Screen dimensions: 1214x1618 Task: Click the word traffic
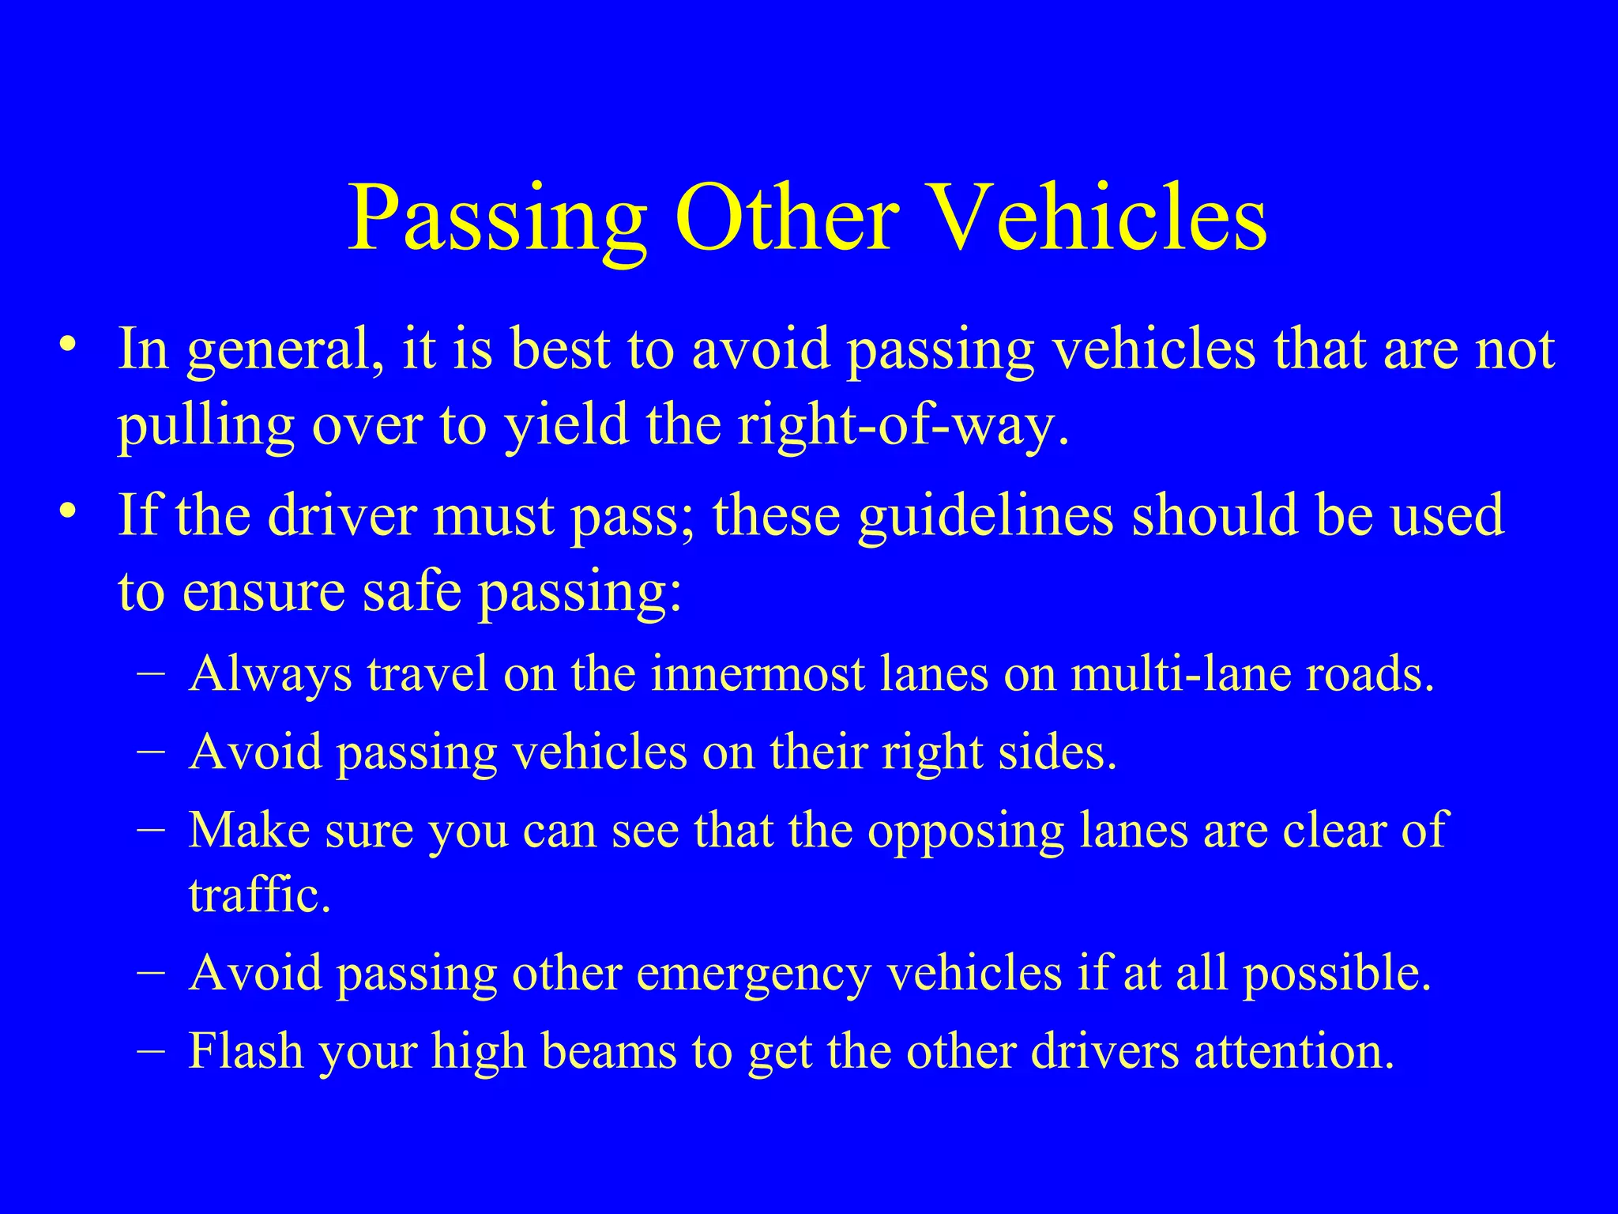click(259, 895)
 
